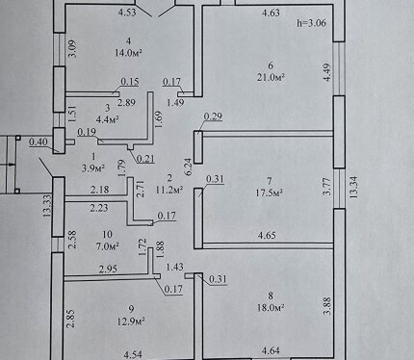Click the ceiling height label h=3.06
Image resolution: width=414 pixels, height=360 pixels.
point(311,23)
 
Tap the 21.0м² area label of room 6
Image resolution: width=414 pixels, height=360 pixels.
point(271,77)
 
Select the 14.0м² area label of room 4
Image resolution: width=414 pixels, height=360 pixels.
point(128,53)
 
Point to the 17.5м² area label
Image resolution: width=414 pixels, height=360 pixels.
point(269,193)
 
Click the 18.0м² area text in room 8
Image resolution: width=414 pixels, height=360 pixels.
point(271,308)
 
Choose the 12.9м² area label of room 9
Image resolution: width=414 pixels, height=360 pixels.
point(130,321)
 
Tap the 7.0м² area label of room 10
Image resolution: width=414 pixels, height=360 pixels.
point(108,246)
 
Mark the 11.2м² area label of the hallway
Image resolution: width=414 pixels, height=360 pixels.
point(169,190)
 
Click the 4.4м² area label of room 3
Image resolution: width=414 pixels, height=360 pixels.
point(108,119)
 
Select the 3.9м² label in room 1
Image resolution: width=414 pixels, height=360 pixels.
point(93,168)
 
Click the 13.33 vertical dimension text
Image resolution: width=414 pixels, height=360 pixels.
point(47,206)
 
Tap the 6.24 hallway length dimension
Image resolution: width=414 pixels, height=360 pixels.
point(188,167)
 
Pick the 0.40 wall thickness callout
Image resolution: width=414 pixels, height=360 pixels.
point(39,141)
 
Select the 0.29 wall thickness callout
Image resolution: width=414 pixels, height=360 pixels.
point(213,116)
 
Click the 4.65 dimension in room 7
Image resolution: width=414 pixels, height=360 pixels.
point(267,236)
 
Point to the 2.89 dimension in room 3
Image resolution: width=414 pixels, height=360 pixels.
point(126,103)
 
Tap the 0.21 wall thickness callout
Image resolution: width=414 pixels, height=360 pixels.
point(145,159)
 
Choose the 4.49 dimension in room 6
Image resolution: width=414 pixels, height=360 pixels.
point(326,72)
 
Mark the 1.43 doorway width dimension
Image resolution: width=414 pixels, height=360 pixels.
point(175,267)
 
